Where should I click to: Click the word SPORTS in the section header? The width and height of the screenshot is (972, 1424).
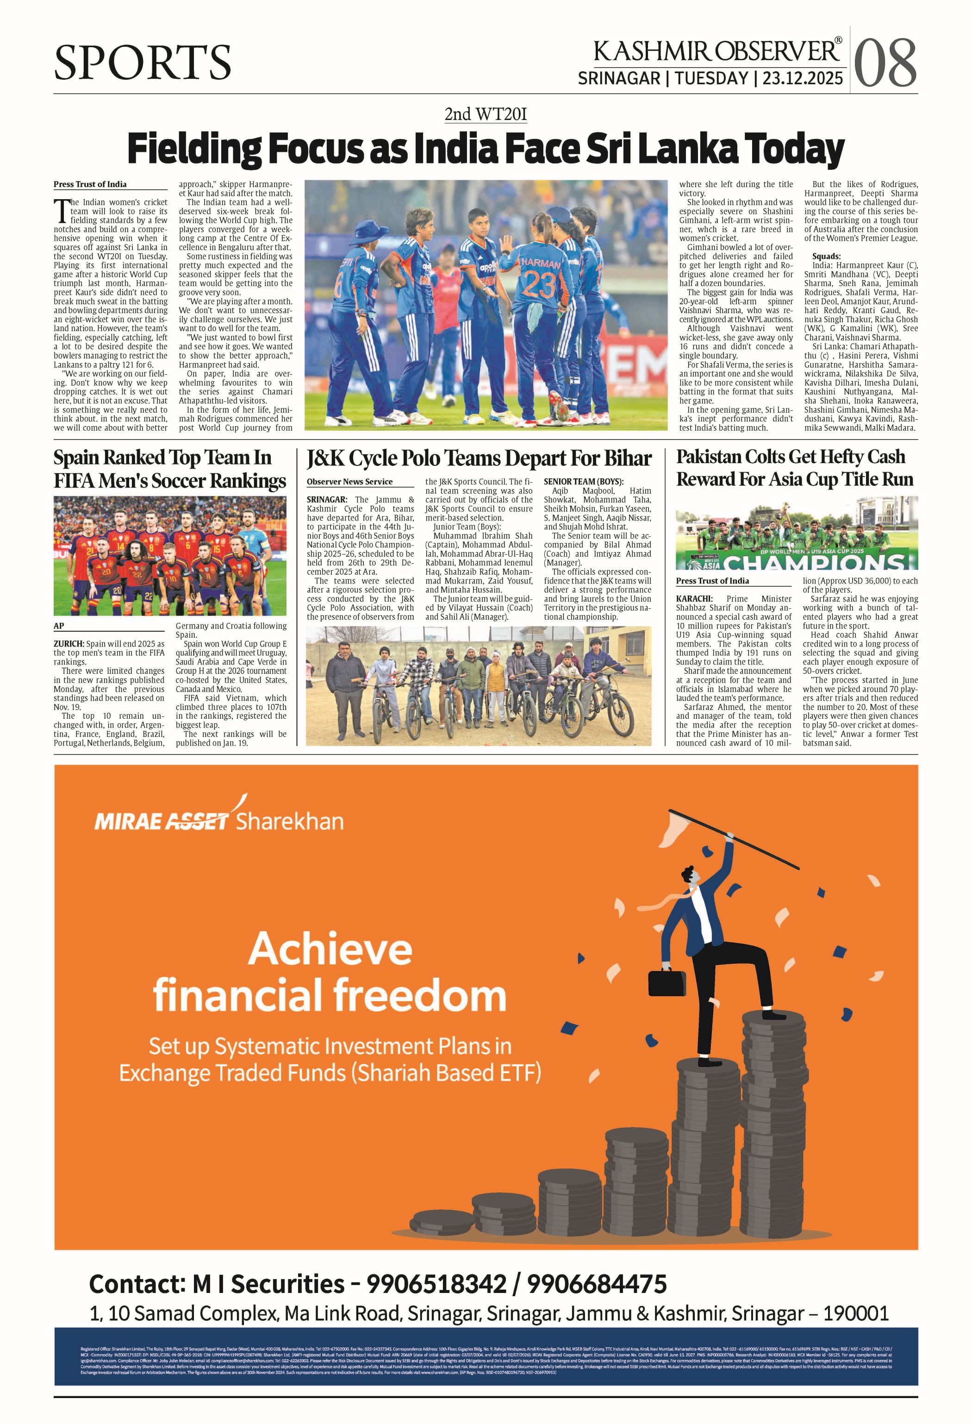point(142,62)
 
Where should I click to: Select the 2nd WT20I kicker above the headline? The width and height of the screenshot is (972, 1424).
point(485,114)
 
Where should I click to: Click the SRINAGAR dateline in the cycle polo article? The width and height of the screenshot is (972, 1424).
point(327,499)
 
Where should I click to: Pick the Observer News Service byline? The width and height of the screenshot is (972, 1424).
point(350,482)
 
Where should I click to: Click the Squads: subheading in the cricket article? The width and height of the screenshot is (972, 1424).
point(826,256)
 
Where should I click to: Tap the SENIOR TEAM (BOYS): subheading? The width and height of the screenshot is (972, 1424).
point(583,482)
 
